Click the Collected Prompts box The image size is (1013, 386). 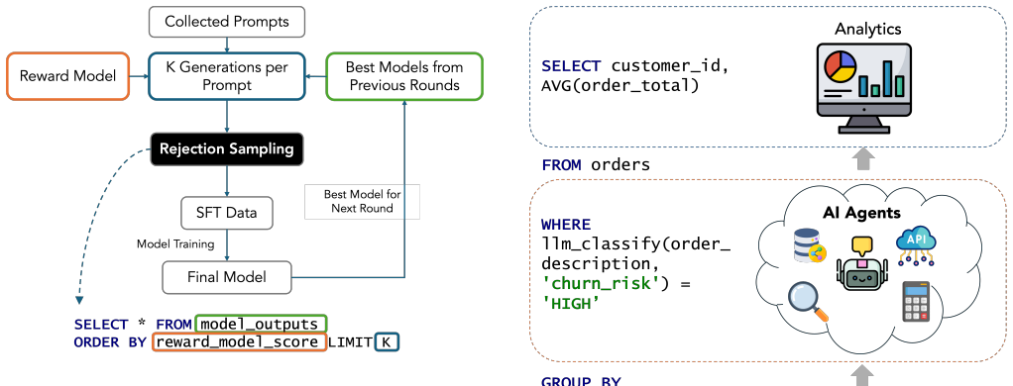click(227, 22)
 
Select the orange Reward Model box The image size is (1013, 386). click(67, 76)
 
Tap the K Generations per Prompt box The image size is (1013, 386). click(227, 76)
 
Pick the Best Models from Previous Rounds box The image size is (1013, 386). click(404, 76)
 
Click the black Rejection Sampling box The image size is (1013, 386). click(227, 149)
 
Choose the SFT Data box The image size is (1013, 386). click(227, 213)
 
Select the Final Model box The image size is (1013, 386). click(227, 277)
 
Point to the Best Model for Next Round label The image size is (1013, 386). click(363, 201)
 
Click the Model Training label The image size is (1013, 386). click(175, 244)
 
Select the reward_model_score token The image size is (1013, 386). click(239, 342)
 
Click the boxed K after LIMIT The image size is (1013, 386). click(387, 342)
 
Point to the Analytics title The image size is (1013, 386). click(867, 29)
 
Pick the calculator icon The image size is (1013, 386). click(916, 302)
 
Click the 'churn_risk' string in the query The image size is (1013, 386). click(596, 283)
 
